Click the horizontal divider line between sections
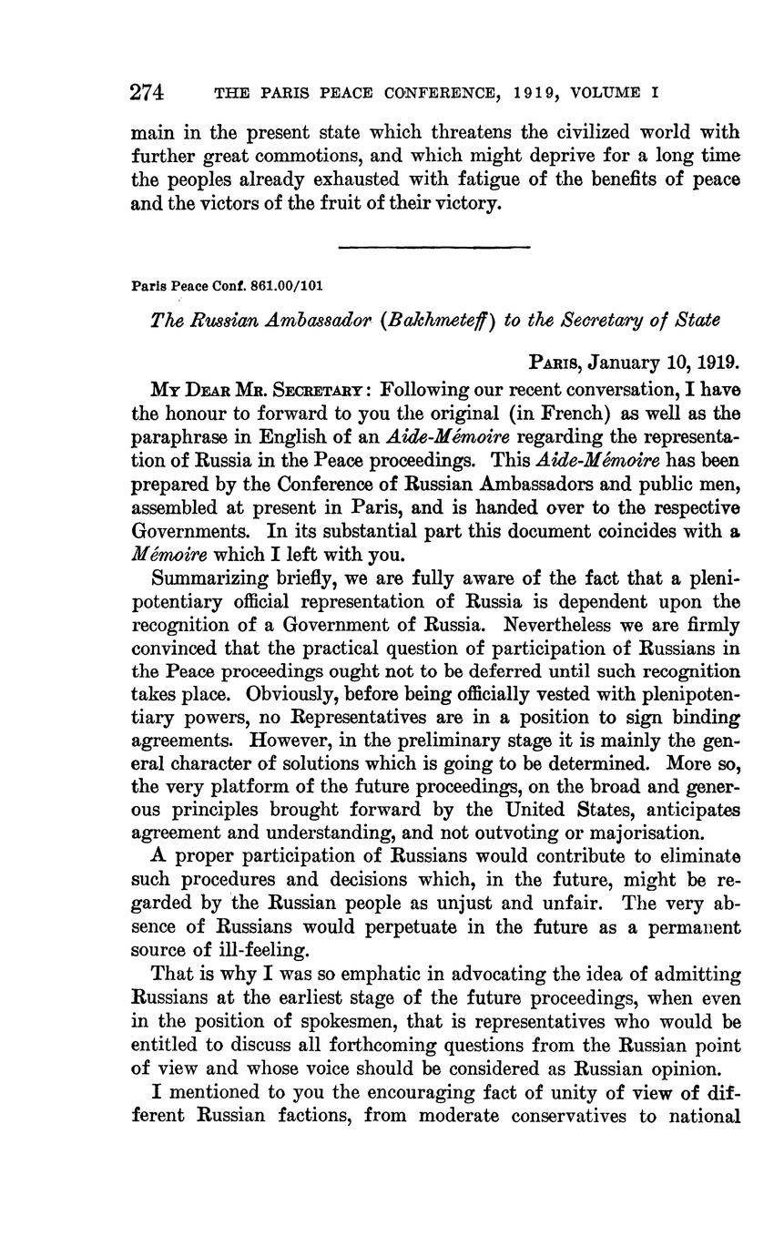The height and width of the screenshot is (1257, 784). (433, 246)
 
